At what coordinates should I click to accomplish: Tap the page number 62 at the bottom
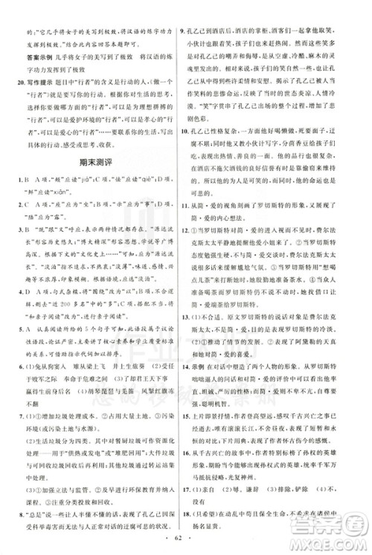coord(186,536)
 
